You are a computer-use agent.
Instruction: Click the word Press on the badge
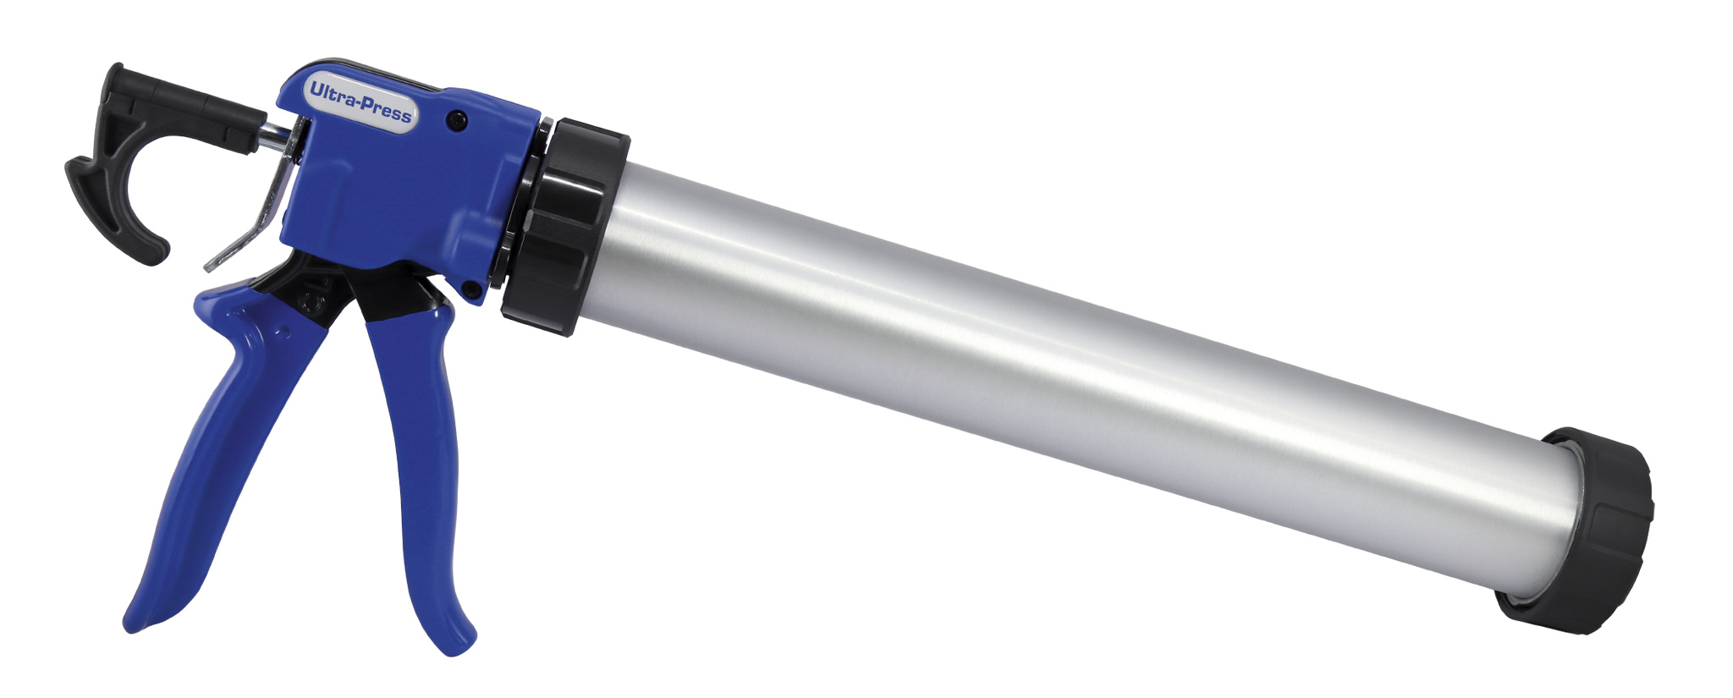387,110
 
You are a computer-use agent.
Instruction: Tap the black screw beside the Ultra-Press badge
457,120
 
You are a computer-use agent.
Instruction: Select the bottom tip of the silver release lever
208,267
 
